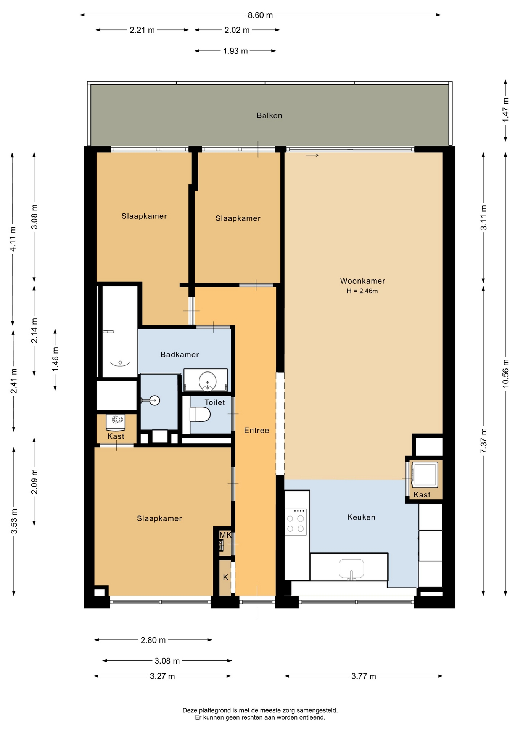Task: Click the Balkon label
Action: (269, 115)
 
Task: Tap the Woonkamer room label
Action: (362, 281)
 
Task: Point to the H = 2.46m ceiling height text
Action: (362, 291)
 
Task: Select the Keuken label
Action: (361, 517)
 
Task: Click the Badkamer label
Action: (180, 354)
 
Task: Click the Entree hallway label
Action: (256, 430)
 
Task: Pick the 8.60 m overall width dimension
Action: (260, 15)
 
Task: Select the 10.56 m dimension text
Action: (505, 373)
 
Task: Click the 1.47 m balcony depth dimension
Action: (505, 110)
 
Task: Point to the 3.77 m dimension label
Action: (364, 676)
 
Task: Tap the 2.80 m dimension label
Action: (153, 640)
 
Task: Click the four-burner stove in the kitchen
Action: (296, 522)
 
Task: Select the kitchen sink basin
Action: (351, 569)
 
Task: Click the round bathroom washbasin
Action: (208, 381)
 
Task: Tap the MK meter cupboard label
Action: (225, 535)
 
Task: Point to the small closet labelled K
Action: (225, 577)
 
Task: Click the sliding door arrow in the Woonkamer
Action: (312, 155)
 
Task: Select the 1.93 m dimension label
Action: (235, 51)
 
